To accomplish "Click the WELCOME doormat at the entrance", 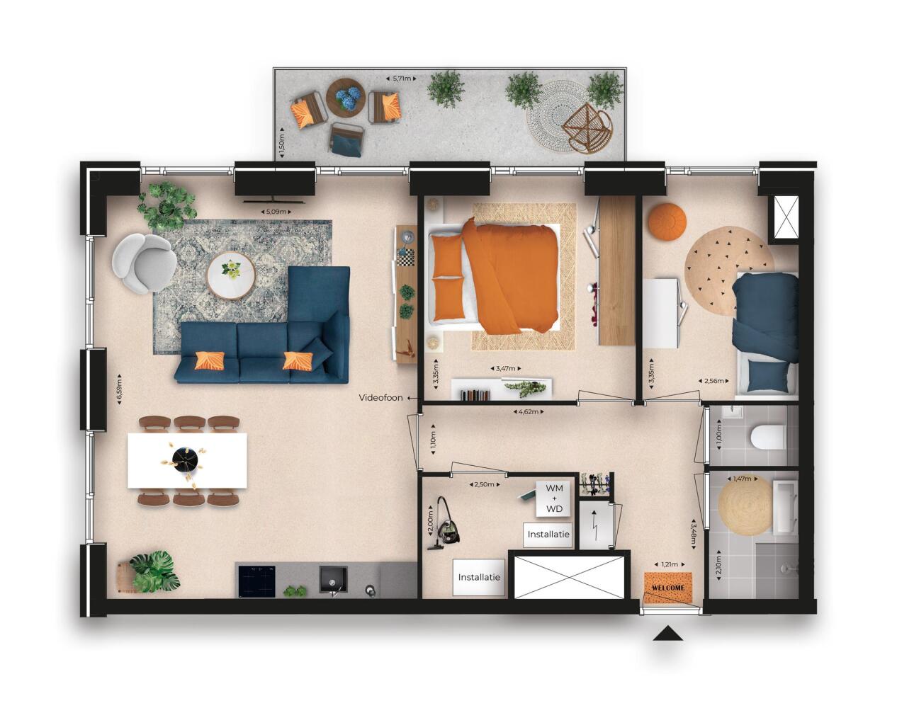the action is (x=668, y=588).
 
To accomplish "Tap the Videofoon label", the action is (x=381, y=398).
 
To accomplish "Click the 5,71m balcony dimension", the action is (x=402, y=79).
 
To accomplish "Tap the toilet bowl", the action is (x=767, y=438).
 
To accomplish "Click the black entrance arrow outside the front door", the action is (x=668, y=633).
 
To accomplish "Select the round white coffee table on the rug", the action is (x=231, y=275).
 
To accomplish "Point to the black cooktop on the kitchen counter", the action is (x=257, y=581).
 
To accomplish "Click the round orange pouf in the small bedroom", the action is (x=667, y=221).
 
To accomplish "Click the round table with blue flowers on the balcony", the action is (x=346, y=98).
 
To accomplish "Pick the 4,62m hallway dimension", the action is (x=529, y=412).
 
